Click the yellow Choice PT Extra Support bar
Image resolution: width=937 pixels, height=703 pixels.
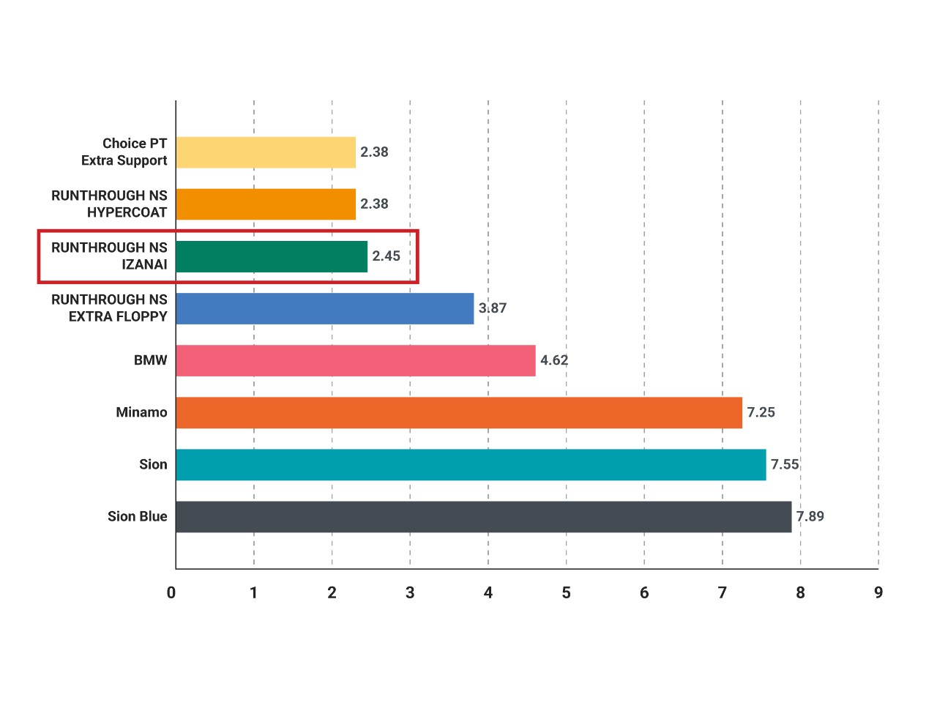tap(266, 152)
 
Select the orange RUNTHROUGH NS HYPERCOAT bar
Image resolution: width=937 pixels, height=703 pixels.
tap(266, 204)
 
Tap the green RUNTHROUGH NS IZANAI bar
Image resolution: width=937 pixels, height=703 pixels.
tap(272, 256)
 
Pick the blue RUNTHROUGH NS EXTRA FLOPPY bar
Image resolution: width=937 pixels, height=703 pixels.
tap(325, 308)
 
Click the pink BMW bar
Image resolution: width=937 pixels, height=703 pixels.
tap(356, 361)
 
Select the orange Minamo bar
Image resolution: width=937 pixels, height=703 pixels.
tap(459, 412)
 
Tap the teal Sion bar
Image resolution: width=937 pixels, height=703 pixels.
tap(471, 464)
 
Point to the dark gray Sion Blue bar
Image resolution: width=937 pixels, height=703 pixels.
tap(484, 516)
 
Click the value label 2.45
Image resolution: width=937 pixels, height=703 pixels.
tap(386, 256)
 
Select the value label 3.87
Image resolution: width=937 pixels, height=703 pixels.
tap(492, 308)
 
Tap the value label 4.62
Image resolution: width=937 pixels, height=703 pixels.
tap(554, 360)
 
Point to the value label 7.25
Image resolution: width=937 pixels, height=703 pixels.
tap(761, 412)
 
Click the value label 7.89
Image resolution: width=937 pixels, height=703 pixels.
tap(810, 516)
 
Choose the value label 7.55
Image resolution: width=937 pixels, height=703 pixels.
tap(785, 464)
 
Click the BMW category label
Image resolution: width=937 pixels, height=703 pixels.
tap(150, 360)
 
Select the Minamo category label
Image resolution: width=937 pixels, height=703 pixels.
tap(141, 412)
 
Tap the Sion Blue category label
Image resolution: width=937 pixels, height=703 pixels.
tap(137, 516)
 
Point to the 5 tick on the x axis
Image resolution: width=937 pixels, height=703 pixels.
tap(566, 593)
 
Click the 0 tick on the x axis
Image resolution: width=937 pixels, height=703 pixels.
tap(171, 593)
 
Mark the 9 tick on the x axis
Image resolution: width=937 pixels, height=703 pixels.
tap(878, 593)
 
